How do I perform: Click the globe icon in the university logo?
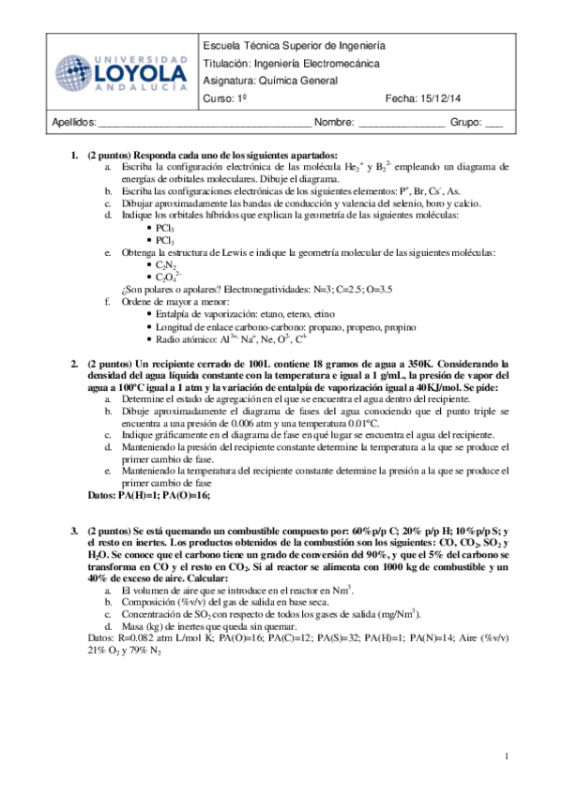point(74,74)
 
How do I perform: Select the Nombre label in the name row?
point(334,122)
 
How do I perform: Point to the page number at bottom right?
point(507,756)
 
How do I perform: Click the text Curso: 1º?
point(225,98)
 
